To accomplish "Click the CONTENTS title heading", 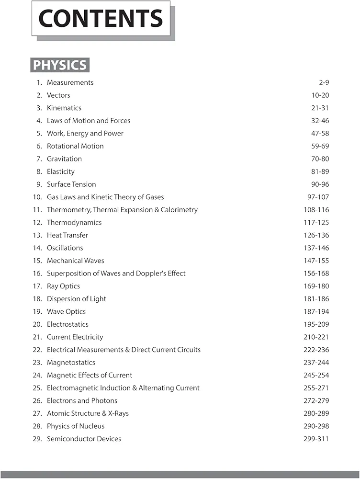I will tap(101, 18).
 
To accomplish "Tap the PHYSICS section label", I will tap(60, 65).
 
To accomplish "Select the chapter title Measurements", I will tap(70, 82).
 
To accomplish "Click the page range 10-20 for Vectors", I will tap(320, 95).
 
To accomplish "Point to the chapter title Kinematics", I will tap(64, 108).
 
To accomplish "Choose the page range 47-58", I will tap(320, 133).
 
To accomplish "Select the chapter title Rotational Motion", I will tap(75, 146).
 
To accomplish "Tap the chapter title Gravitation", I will tap(64, 159).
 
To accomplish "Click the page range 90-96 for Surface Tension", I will tap(320, 184).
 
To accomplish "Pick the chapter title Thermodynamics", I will tap(74, 222).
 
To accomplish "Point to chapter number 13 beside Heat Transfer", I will tap(37, 235).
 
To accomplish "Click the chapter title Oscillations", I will tap(65, 248).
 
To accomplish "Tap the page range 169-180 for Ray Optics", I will tap(316, 286).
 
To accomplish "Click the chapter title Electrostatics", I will tap(67, 324).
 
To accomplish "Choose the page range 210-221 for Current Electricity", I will tap(316, 337).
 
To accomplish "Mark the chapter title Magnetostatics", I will tap(71, 362).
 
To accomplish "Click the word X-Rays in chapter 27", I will tap(115, 413).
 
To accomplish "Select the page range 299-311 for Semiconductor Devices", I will tap(316, 439).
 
